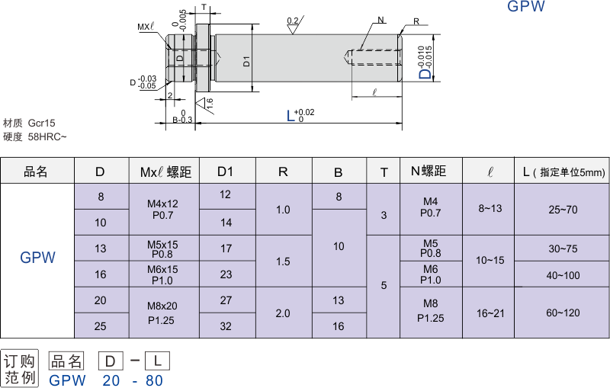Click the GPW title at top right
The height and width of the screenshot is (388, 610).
(526, 8)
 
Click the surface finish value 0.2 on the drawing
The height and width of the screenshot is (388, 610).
(293, 21)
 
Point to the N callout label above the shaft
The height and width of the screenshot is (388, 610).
(380, 19)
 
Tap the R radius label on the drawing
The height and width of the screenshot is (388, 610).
(416, 21)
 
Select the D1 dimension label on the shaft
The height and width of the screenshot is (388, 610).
(247, 61)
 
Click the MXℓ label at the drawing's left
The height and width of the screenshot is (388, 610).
(146, 27)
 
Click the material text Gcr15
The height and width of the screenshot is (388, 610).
(42, 123)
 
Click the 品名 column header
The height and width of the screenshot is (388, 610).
(36, 172)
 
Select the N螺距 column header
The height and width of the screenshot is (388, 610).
(432, 172)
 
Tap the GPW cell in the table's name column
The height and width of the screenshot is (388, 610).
(37, 258)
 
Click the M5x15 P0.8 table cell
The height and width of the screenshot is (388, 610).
(162, 249)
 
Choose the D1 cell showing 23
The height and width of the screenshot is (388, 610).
(226, 274)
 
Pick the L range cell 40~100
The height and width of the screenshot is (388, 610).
(563, 274)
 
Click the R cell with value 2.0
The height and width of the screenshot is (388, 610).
(283, 313)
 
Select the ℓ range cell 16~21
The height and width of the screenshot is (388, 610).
(491, 313)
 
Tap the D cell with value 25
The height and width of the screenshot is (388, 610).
(101, 326)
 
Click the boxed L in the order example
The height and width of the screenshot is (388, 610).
(156, 360)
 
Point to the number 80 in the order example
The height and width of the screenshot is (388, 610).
(154, 380)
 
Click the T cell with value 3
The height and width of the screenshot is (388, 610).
(384, 215)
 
